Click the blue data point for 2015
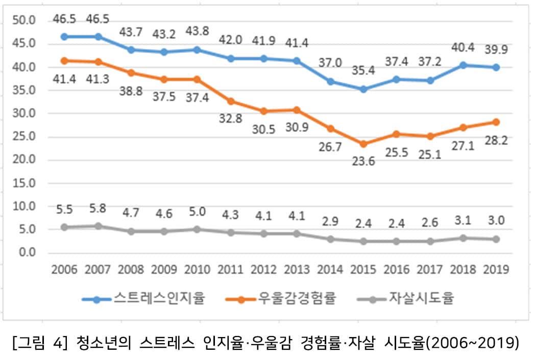point(363,89)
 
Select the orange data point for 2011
point(231,101)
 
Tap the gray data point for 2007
point(98,226)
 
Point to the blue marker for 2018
point(463,65)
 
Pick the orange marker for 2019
point(496,122)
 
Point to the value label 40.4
point(463,47)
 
